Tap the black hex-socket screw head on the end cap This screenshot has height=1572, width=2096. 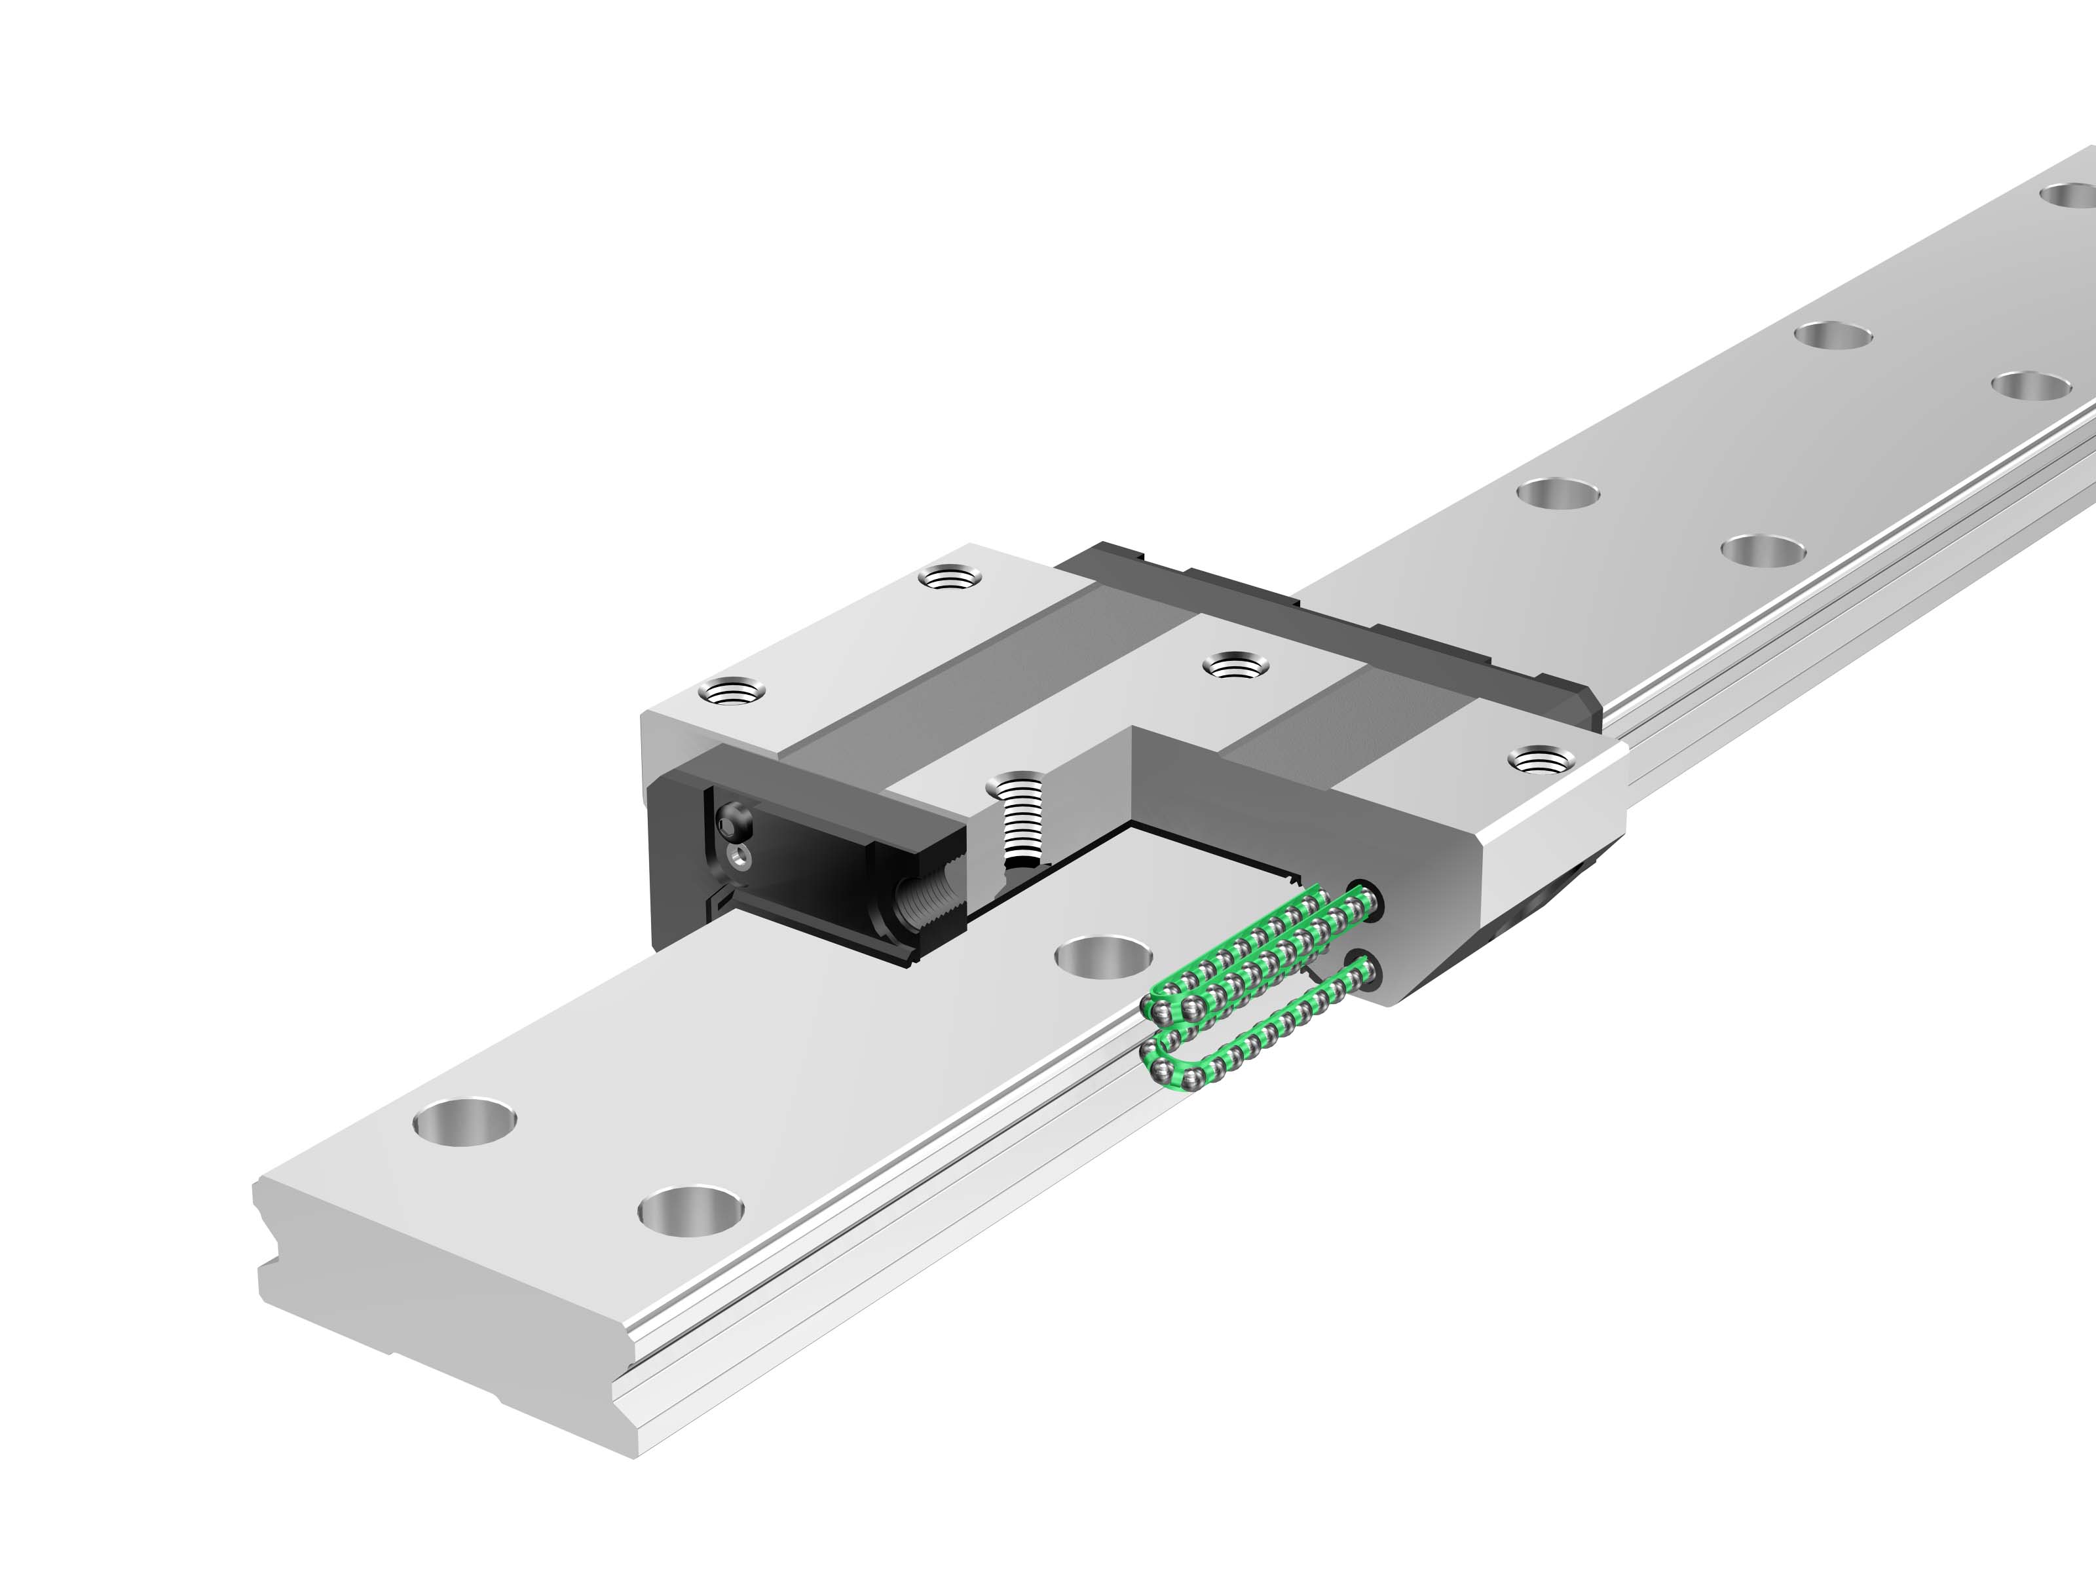[734, 821]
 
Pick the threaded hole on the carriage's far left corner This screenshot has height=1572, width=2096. [950, 576]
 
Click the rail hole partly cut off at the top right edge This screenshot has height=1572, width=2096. [2070, 196]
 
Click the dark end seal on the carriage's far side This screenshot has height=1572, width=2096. [1326, 621]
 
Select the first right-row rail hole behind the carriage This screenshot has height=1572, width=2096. [1761, 550]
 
